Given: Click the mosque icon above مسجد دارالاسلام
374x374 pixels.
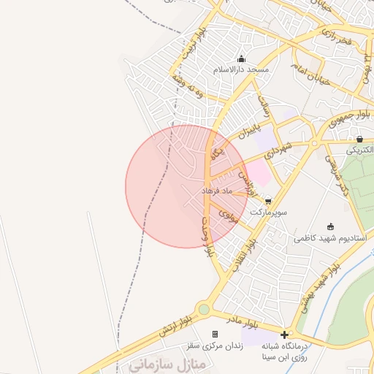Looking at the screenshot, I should coord(242,59).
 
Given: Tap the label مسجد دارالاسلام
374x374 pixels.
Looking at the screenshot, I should coord(241,69).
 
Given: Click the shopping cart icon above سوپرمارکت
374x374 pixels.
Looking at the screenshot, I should coord(269,200).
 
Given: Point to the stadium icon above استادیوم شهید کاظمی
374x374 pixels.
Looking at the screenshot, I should coord(331,226).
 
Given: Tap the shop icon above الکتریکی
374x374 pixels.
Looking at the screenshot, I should coord(359,138).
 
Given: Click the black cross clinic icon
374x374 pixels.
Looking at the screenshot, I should coord(284,335).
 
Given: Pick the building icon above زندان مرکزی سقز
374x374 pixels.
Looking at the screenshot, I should coord(215,334).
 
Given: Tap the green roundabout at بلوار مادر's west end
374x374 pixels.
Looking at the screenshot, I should coord(203,310).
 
